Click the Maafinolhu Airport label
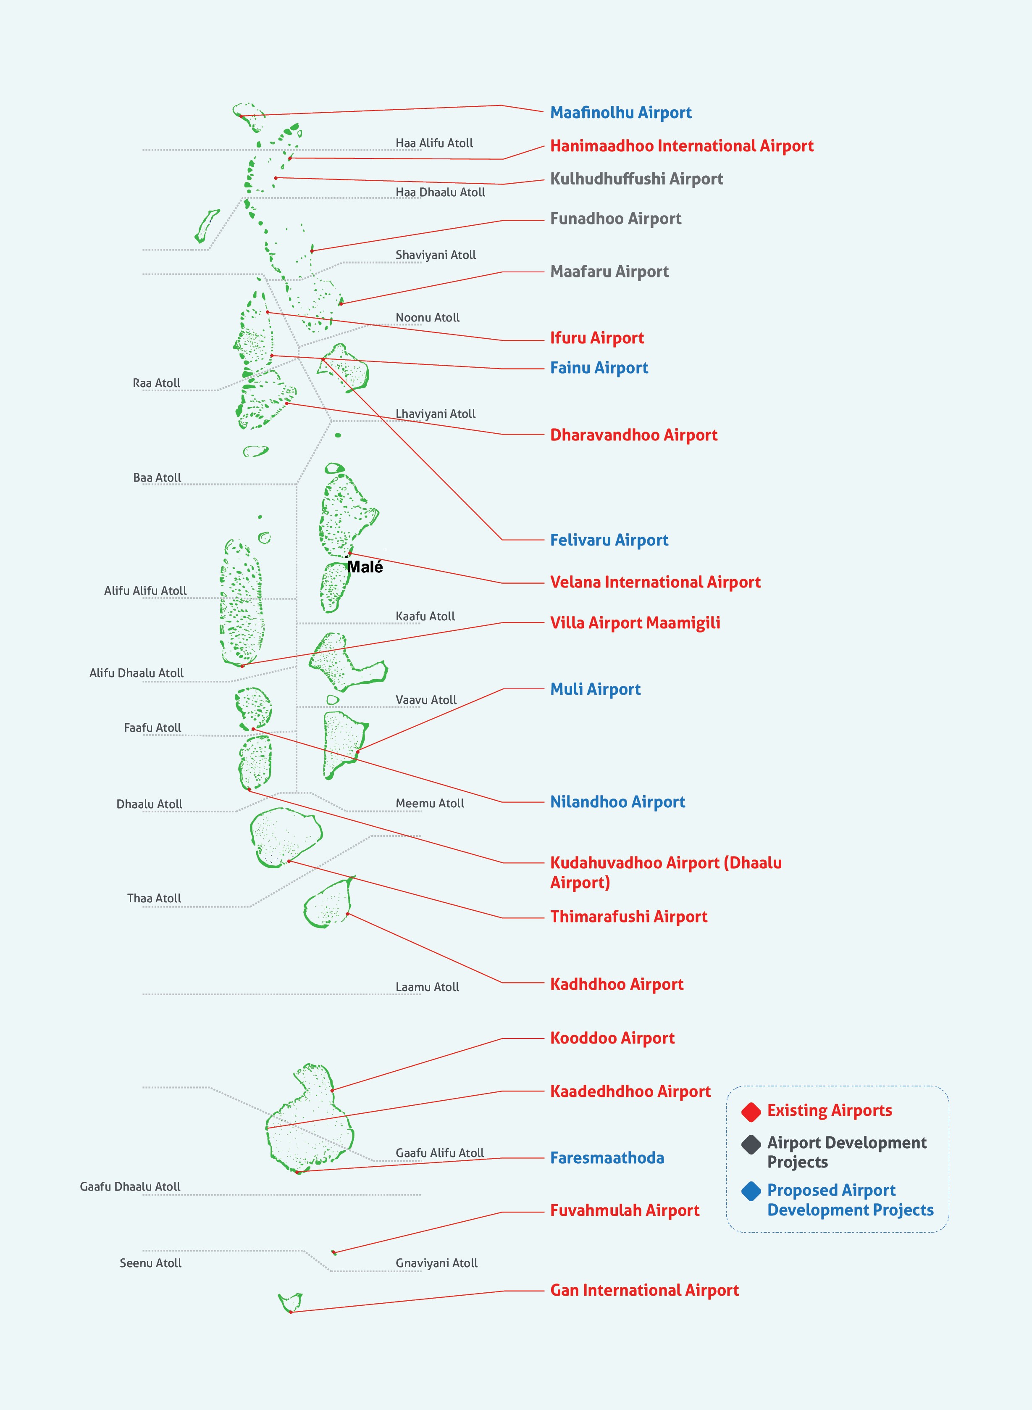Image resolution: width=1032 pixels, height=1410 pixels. pos(620,113)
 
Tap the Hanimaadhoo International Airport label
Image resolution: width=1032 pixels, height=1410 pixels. pos(681,146)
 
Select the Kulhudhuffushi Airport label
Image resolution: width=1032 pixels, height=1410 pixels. pos(636,179)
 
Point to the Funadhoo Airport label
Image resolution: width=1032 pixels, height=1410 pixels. pos(615,219)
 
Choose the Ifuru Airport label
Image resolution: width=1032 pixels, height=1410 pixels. pos(596,338)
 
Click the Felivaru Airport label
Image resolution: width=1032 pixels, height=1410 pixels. pos(609,540)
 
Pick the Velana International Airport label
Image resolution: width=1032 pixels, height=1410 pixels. pos(655,582)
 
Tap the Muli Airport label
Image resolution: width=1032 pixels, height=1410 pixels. pos(595,689)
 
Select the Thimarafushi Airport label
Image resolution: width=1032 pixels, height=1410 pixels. pos(628,917)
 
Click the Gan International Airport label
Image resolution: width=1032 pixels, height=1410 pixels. pos(644,1291)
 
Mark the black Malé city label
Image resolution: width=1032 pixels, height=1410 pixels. pos(365,567)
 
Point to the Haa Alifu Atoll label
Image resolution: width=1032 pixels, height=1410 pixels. pos(434,143)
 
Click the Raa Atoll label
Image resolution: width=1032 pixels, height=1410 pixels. pos(156,383)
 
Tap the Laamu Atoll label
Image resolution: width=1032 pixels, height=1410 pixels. pos(427,987)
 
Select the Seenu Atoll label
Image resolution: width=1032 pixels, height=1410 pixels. pos(150,1263)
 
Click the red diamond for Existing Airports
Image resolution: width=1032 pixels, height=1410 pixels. pos(751,1112)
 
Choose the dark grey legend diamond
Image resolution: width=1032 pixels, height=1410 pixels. pos(751,1144)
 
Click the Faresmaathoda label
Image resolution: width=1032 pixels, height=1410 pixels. pos(607,1158)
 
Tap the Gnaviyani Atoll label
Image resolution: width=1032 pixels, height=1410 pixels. pos(436,1263)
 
